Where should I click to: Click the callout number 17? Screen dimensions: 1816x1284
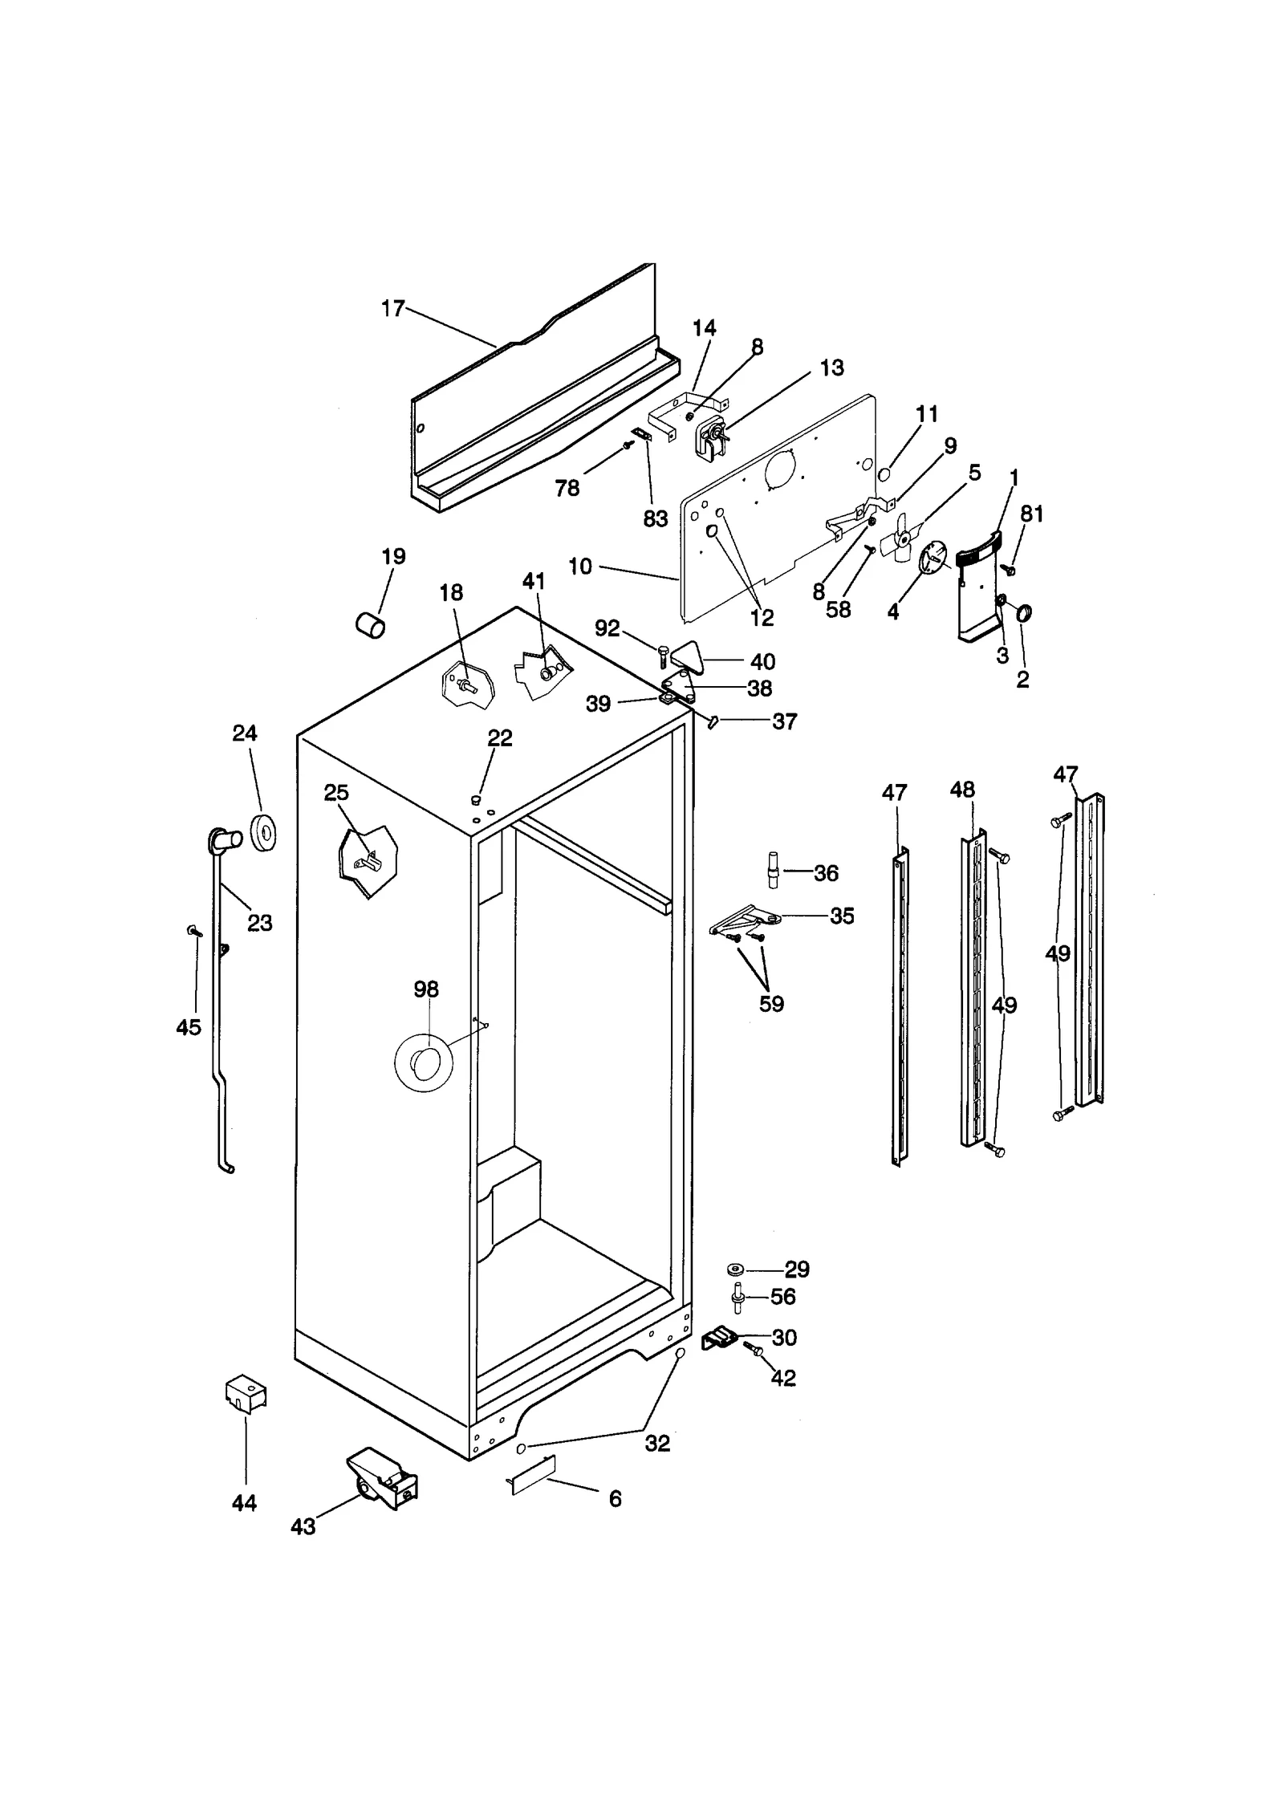(392, 309)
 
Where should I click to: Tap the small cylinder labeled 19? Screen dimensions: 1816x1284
(370, 624)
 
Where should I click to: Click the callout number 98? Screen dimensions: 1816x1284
(426, 989)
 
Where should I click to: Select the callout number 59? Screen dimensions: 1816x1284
(771, 1004)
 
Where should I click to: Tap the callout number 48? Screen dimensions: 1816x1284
(962, 790)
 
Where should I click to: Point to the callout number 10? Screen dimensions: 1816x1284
(580, 567)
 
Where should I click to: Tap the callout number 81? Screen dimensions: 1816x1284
(1032, 514)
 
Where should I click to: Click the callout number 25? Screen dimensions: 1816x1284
(336, 793)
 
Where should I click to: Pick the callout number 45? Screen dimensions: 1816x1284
(189, 1027)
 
